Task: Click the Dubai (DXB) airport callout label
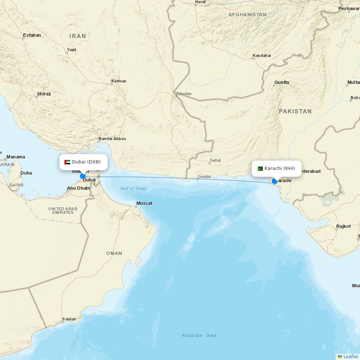click(x=84, y=162)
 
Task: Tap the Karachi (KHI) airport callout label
click(x=276, y=168)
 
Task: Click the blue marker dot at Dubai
click(x=83, y=176)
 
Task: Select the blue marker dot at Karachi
click(x=275, y=181)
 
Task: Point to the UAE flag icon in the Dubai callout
click(x=67, y=162)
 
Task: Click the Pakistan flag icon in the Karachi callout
click(x=260, y=168)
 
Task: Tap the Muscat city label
click(x=144, y=203)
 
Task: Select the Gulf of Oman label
click(x=134, y=188)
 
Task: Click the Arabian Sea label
click(x=199, y=336)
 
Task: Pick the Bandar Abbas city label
click(x=112, y=139)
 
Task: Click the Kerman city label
click(x=119, y=81)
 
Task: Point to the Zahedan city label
click(x=184, y=94)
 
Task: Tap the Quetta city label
click(x=282, y=82)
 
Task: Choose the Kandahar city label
click(x=262, y=55)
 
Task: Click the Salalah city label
click(x=69, y=319)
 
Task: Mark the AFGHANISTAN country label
click(x=247, y=15)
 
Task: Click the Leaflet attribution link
click(x=350, y=356)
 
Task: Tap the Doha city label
click(x=26, y=173)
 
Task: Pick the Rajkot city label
click(x=343, y=226)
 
